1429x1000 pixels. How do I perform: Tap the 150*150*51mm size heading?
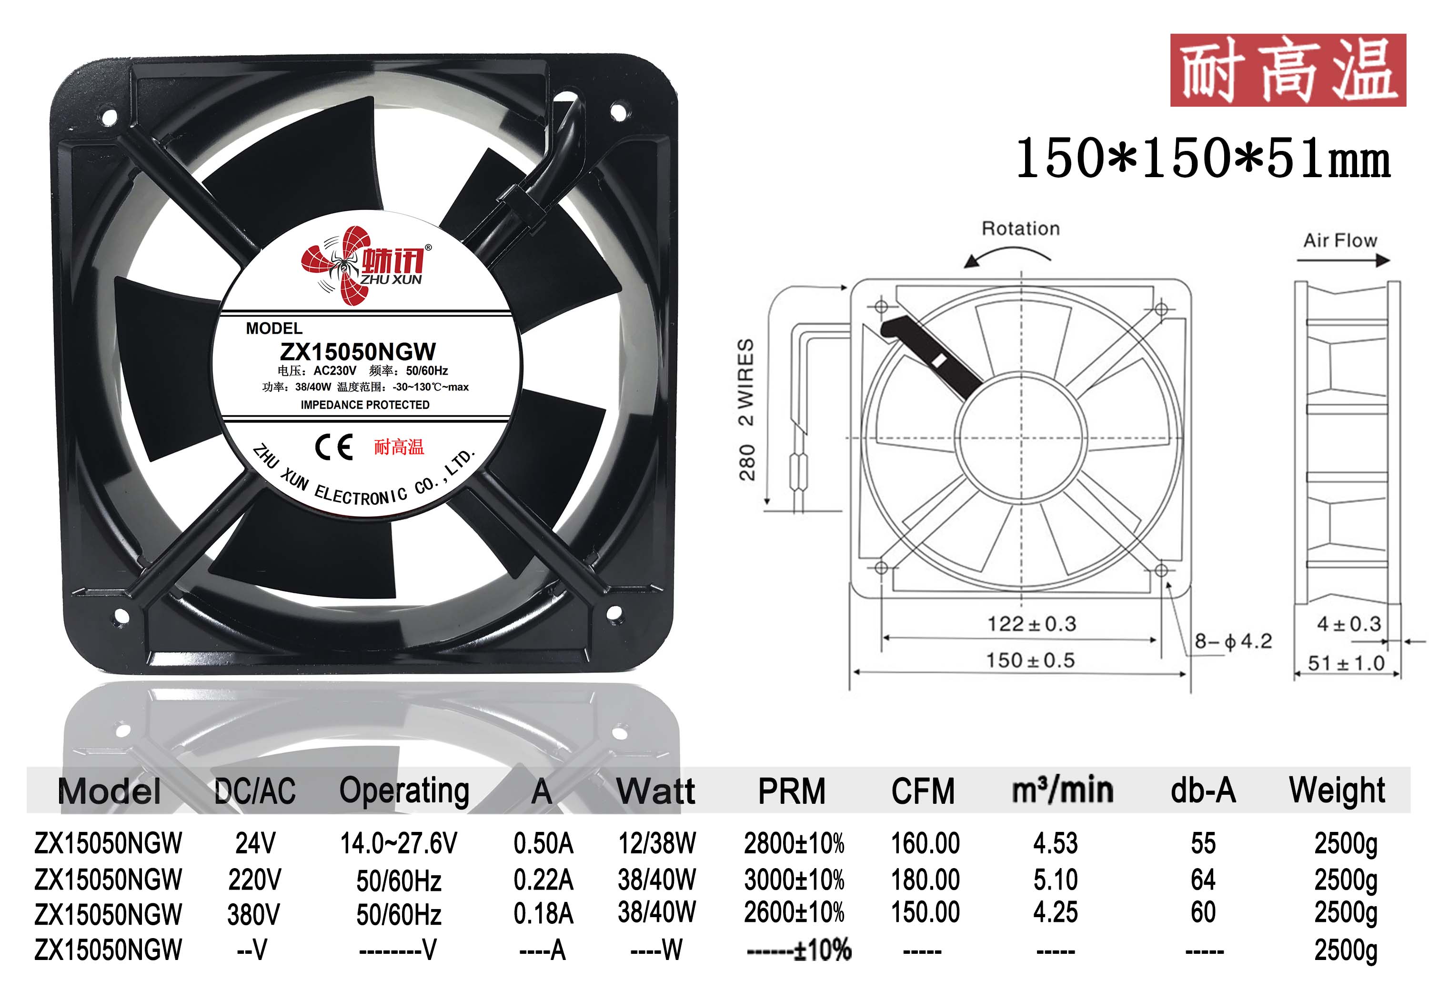[1203, 158]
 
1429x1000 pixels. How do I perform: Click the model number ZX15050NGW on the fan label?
[358, 351]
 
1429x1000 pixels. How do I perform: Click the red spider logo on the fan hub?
[336, 266]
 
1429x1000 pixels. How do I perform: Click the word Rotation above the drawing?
[1021, 229]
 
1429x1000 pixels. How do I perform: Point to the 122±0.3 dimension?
[1032, 623]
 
